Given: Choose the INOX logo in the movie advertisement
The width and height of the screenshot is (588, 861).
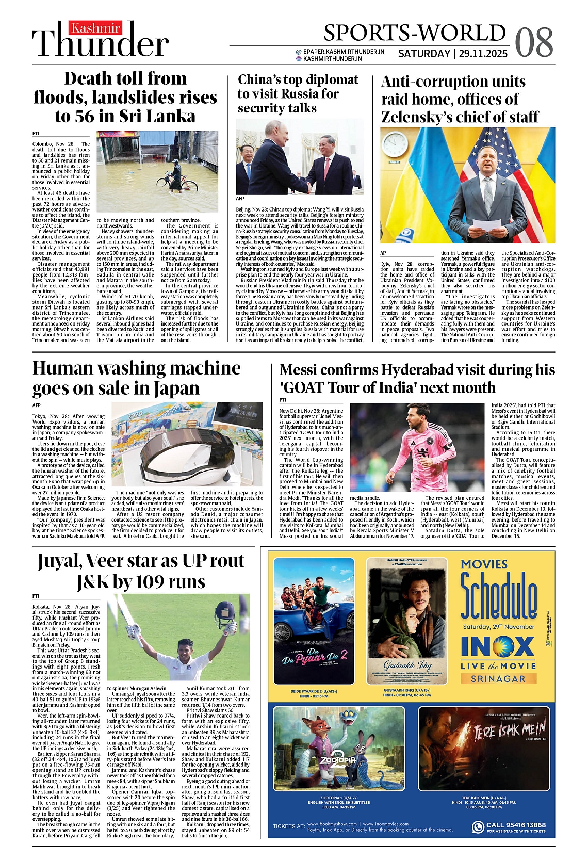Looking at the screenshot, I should tap(498, 646).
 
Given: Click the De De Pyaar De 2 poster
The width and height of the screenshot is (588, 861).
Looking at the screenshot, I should tap(314, 621).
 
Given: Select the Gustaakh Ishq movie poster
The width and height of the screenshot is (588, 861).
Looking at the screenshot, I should tap(407, 621).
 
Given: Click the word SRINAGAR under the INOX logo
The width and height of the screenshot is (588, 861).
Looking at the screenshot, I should tap(498, 679).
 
